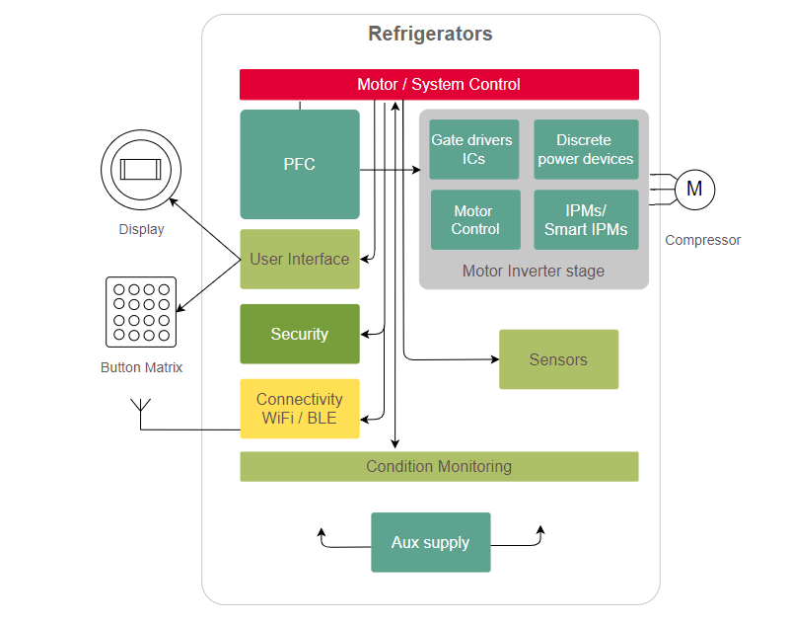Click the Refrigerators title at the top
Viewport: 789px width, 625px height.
pyautogui.click(x=430, y=35)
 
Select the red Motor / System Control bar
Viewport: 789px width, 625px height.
pyautogui.click(x=439, y=85)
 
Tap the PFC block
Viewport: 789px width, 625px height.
pyautogui.click(x=300, y=164)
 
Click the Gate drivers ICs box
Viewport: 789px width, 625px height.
pyautogui.click(x=474, y=150)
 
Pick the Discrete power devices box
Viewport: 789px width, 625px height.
pyautogui.click(x=585, y=150)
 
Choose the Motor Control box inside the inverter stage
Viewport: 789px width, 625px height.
pyautogui.click(x=474, y=220)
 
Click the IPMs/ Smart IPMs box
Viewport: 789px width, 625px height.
pyautogui.click(x=585, y=220)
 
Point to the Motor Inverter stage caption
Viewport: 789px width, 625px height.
pyautogui.click(x=534, y=272)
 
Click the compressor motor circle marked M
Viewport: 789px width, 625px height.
pyautogui.click(x=694, y=189)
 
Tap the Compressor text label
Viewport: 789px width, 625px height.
pyautogui.click(x=702, y=240)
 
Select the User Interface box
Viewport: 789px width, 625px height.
pyautogui.click(x=300, y=260)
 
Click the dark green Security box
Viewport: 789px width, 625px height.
pyautogui.click(x=300, y=335)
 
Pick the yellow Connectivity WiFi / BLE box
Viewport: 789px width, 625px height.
pyautogui.click(x=300, y=409)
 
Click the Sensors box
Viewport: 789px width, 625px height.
pyautogui.click(x=558, y=359)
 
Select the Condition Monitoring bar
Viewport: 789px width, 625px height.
pyautogui.click(x=439, y=467)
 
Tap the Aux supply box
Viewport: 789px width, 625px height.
pyautogui.click(x=430, y=542)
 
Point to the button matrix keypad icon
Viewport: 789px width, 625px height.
pyautogui.click(x=140, y=312)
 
